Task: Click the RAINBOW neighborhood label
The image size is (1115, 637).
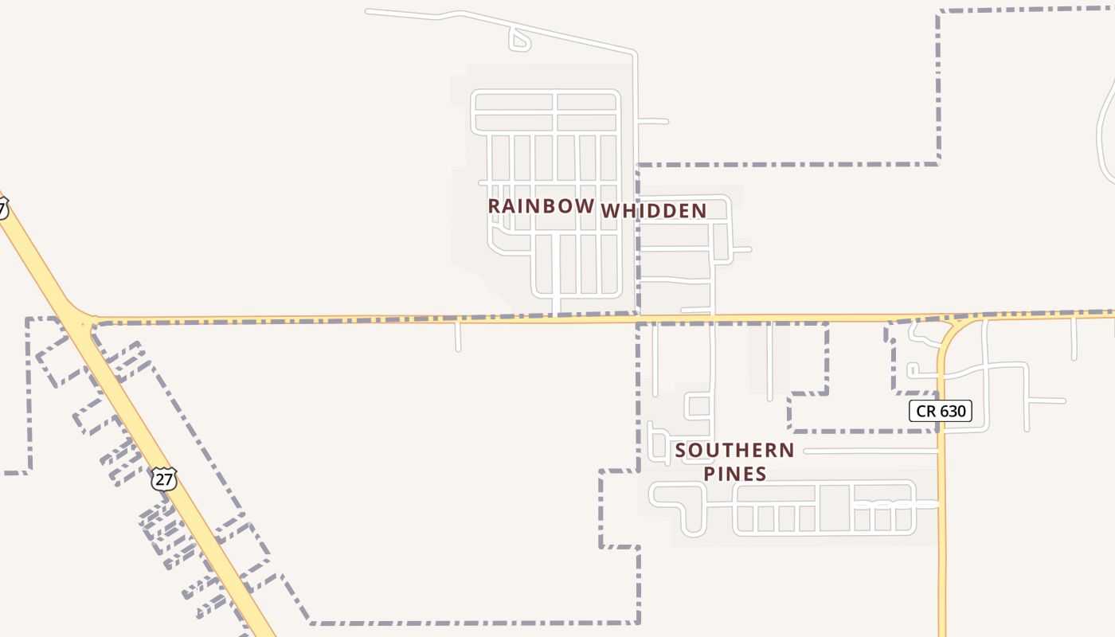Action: (541, 205)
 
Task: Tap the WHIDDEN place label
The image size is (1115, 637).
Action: (653, 211)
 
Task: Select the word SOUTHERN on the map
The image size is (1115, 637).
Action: (734, 451)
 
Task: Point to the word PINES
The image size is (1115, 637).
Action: (735, 475)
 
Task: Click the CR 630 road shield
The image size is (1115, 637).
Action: (940, 411)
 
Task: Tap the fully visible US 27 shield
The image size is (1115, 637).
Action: (163, 479)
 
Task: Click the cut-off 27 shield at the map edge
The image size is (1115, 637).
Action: (2, 209)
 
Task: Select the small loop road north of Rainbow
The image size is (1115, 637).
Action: (518, 41)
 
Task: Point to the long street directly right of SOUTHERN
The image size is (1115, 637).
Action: (872, 451)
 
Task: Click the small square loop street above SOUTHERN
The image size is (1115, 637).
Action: (698, 406)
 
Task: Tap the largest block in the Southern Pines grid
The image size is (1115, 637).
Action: (834, 507)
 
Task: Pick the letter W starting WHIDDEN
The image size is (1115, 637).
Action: (610, 211)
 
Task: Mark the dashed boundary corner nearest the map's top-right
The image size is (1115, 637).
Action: (940, 12)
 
